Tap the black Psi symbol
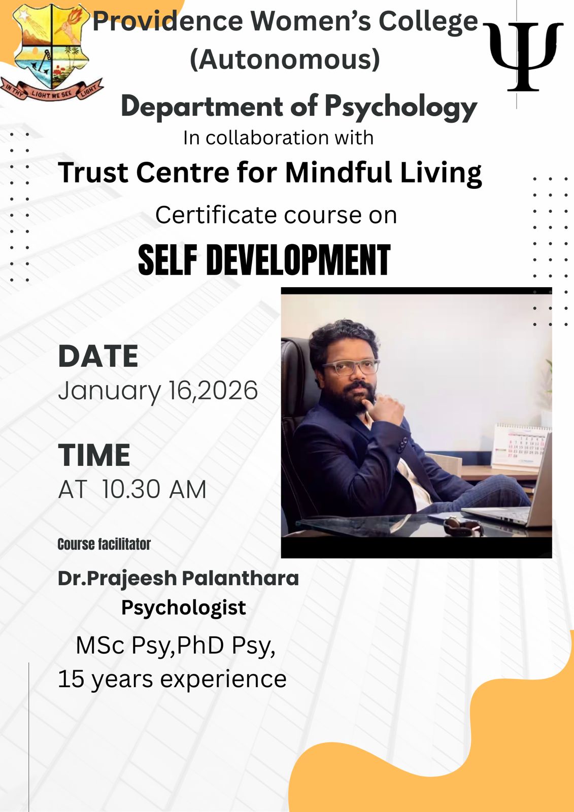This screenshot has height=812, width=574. tap(524, 56)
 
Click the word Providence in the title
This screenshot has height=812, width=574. tap(168, 21)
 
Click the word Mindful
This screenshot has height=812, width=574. tap(339, 173)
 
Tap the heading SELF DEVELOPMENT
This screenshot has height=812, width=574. tap(264, 260)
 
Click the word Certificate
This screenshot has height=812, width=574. tap(216, 215)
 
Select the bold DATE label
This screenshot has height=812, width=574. tap(98, 356)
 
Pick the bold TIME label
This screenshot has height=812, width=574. tap(94, 455)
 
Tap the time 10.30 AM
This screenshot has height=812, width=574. tap(154, 489)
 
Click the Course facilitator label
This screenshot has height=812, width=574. tap(104, 544)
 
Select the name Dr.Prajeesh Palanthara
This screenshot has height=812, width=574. tap(179, 579)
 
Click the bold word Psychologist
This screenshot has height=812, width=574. tap(184, 608)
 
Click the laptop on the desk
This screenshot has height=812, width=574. tap(508, 497)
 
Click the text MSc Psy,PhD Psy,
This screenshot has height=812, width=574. tap(176, 646)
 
